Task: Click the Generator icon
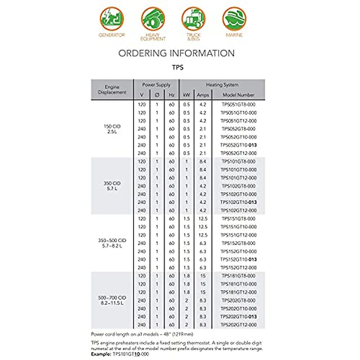pyautogui.click(x=112, y=19)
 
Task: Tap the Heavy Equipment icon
pyautogui.click(x=153, y=19)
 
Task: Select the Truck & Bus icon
pyautogui.click(x=193, y=19)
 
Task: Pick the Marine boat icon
pyautogui.click(x=234, y=19)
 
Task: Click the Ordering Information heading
pyautogui.click(x=176, y=53)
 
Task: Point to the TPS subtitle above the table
pyautogui.click(x=178, y=67)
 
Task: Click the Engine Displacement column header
pyautogui.click(x=112, y=89)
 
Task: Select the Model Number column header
pyautogui.click(x=238, y=95)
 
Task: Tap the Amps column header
pyautogui.click(x=203, y=95)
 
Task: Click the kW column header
pyautogui.click(x=187, y=95)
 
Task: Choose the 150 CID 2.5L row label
pyautogui.click(x=112, y=129)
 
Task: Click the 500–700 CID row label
pyautogui.click(x=112, y=300)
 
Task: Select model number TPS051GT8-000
pyautogui.click(x=238, y=104)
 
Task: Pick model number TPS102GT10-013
pyautogui.click(x=238, y=202)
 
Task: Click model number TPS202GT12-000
pyautogui.click(x=238, y=325)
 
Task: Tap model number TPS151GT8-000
pyautogui.click(x=238, y=219)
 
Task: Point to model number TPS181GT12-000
pyautogui.click(x=238, y=292)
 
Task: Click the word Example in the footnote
pyautogui.click(x=101, y=354)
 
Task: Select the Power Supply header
pyautogui.click(x=156, y=85)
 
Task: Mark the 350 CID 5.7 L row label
pyautogui.click(x=112, y=186)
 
